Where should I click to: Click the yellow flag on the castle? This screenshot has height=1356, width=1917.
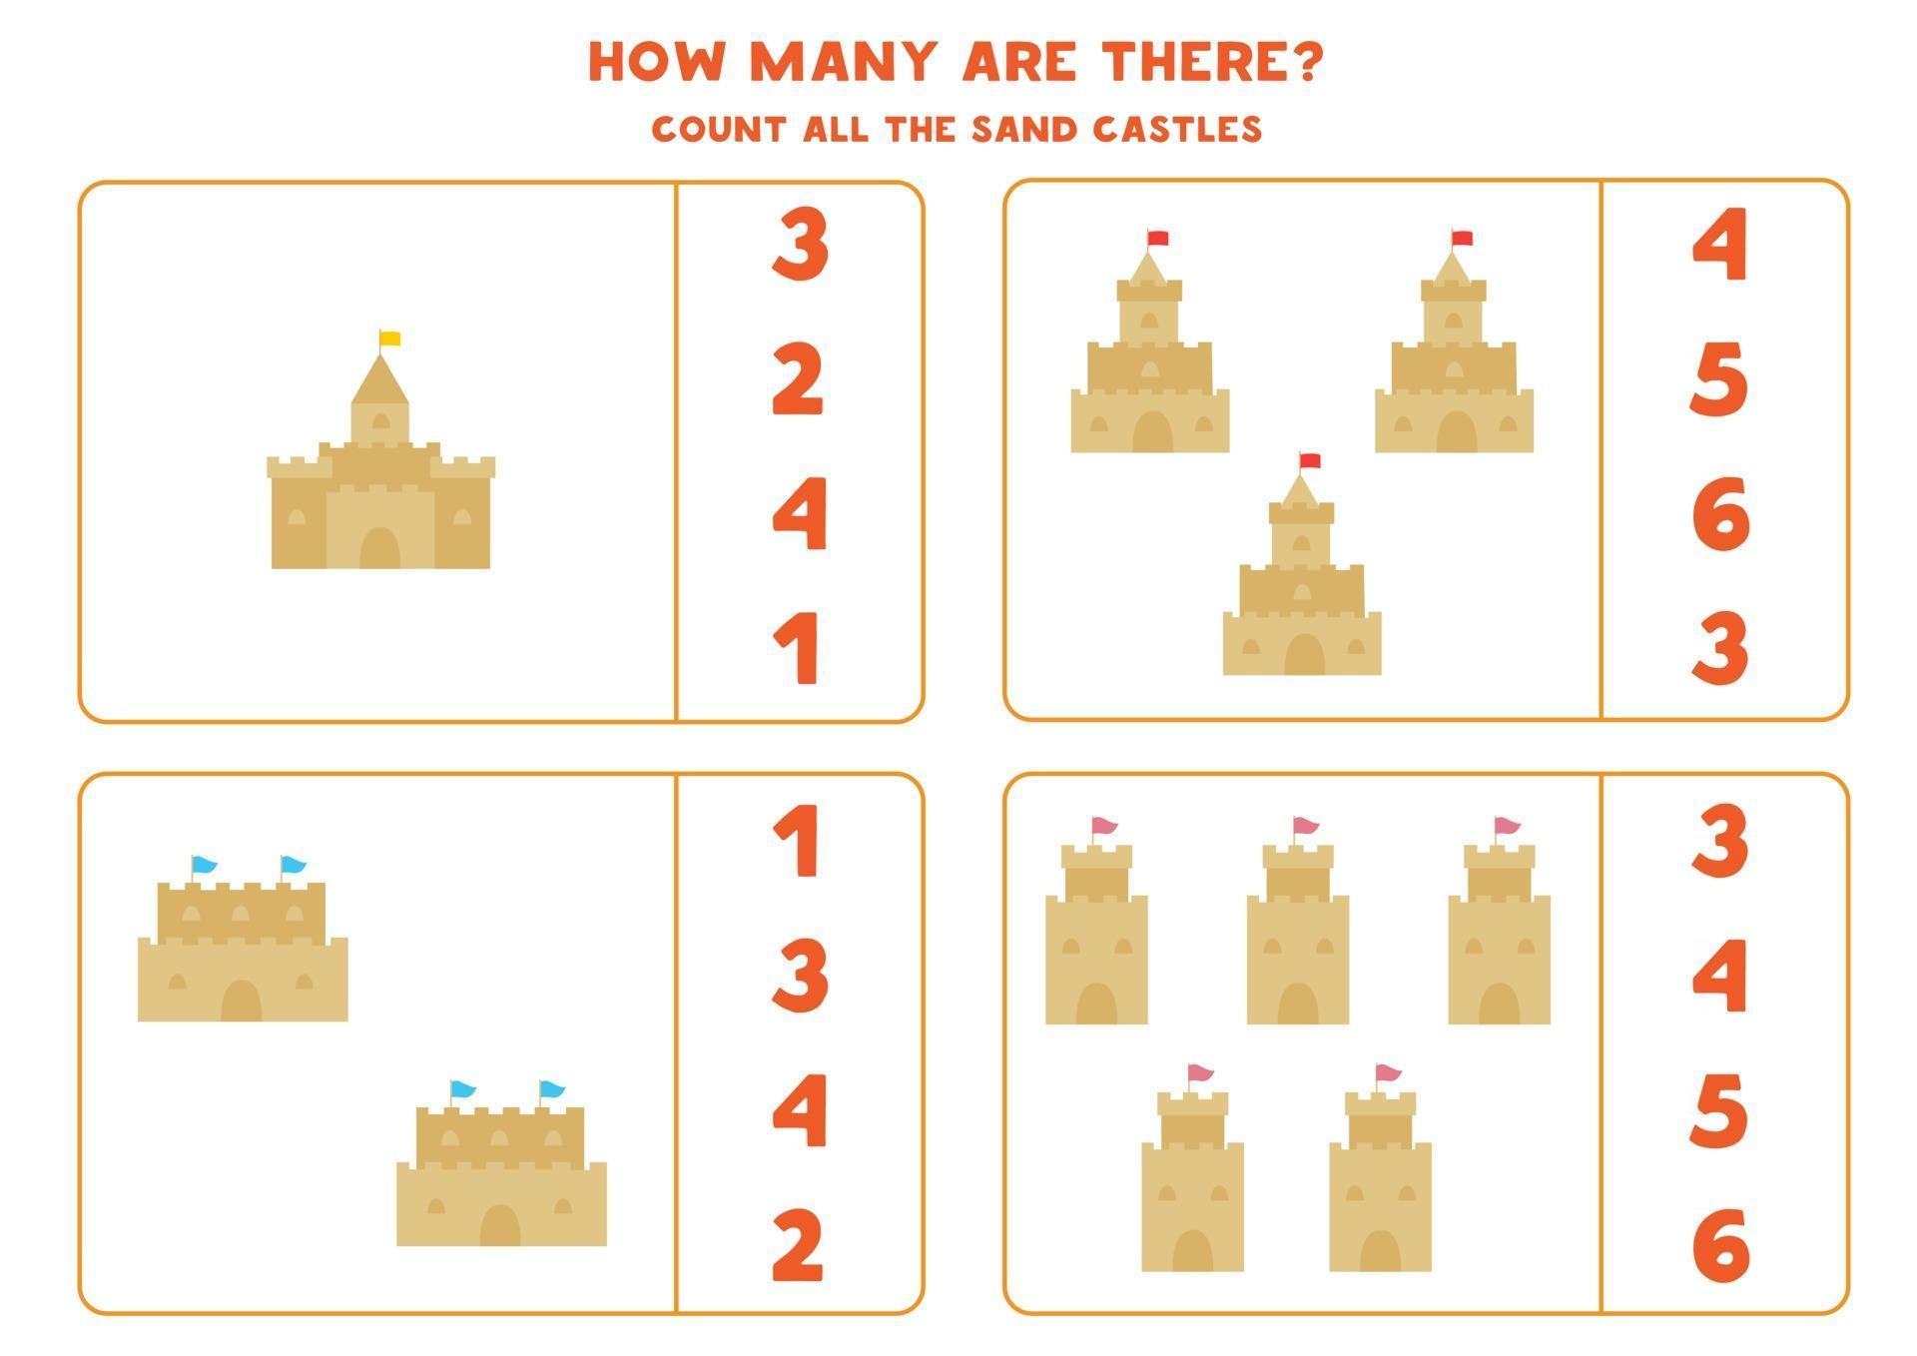pos(390,339)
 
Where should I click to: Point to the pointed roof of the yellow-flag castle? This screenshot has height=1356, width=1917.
pos(379,380)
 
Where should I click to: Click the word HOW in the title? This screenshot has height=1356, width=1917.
pos(655,62)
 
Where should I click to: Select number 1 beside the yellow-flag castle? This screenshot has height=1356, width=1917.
pos(799,649)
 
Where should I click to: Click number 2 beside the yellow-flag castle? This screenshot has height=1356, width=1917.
pos(799,379)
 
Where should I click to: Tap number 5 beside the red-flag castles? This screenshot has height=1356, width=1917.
pos(1719,379)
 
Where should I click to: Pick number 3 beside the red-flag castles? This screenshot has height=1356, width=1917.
pos(1720,649)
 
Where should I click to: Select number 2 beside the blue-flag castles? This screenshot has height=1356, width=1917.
pos(799,1244)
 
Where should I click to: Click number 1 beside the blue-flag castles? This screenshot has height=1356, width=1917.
pos(799,842)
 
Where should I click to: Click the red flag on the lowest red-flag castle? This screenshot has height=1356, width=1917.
pos(1310,460)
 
